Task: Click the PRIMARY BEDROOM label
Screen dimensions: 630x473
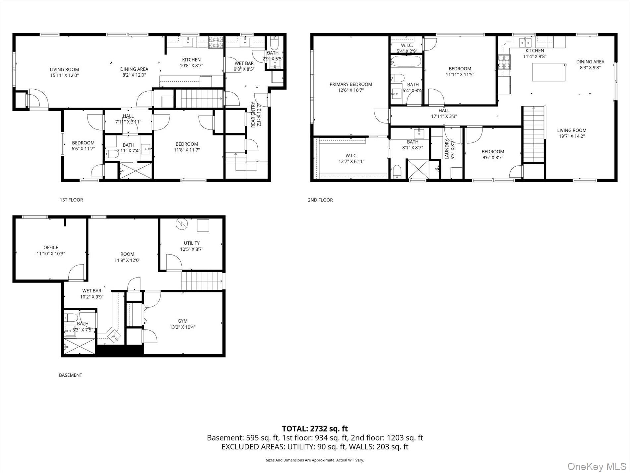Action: coord(351,84)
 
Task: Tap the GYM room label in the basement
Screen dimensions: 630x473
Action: coord(182,321)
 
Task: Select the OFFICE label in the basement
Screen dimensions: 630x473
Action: coord(51,248)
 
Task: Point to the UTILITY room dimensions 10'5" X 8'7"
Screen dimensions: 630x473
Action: coord(192,249)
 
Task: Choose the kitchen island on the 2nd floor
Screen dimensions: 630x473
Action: coord(549,72)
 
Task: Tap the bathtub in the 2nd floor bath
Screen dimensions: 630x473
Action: coord(406,62)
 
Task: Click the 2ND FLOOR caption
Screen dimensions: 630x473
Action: coord(320,200)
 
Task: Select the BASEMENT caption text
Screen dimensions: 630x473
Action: coord(70,375)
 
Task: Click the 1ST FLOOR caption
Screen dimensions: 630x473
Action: coord(71,200)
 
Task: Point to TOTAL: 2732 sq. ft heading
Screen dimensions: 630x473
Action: coord(315,429)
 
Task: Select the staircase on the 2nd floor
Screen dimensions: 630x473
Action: coord(534,134)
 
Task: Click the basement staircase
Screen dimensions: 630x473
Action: coord(202,281)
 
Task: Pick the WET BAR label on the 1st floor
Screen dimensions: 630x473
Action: coord(244,63)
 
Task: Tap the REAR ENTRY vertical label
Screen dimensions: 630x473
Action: coord(254,114)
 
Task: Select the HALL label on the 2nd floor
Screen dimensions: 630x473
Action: coord(444,111)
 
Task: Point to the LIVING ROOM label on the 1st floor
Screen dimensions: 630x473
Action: coord(64,70)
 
